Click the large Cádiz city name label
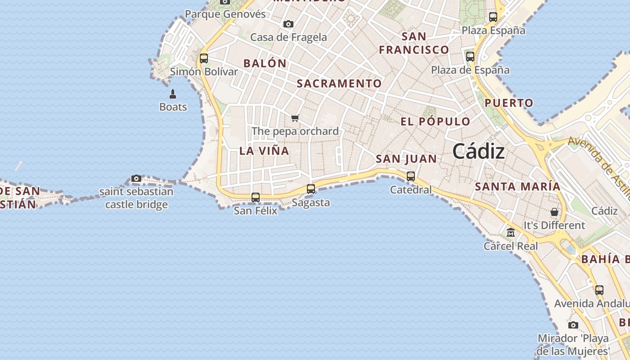click(478, 152)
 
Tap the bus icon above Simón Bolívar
click(204, 58)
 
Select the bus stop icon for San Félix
click(256, 197)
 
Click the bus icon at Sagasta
click(311, 189)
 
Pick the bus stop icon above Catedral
click(411, 176)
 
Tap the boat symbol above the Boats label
click(173, 94)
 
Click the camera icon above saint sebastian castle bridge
click(136, 179)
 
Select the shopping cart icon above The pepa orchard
click(295, 118)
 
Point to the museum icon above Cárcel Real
click(511, 233)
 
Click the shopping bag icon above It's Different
click(554, 212)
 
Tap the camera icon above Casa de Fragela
click(288, 24)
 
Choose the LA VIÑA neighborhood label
click(264, 151)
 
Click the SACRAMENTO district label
click(339, 84)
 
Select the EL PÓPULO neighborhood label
click(435, 121)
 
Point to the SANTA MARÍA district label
click(517, 186)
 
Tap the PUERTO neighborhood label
click(508, 103)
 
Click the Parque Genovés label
click(225, 14)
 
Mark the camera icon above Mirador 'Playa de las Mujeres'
click(573, 325)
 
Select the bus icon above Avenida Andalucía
click(599, 290)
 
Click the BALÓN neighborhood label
click(265, 63)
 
